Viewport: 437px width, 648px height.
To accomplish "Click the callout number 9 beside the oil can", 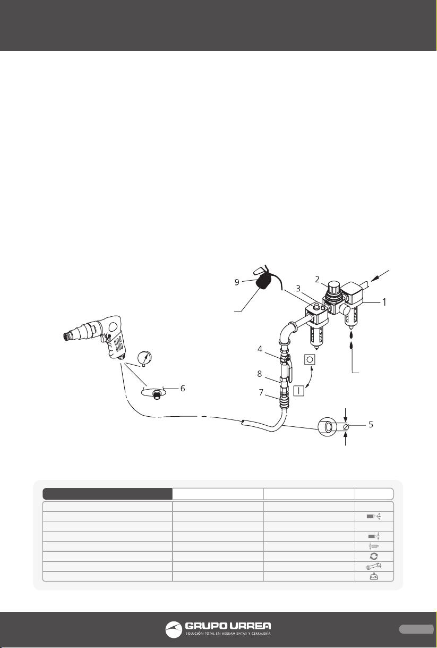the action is click(237, 282).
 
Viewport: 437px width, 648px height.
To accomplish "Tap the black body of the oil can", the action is click(263, 282).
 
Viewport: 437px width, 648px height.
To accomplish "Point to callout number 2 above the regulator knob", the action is click(318, 279).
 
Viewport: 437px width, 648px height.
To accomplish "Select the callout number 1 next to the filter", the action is click(384, 302).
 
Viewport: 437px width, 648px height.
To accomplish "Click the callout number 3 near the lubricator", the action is click(298, 289).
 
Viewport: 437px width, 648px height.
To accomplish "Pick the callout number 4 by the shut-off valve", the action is click(260, 349).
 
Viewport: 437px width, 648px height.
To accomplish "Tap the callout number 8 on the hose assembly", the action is click(259, 374).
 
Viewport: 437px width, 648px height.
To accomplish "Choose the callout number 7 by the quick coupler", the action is click(261, 393).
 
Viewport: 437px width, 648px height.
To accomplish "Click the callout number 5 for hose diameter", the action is click(371, 424).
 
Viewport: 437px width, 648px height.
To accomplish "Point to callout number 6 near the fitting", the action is click(183, 389).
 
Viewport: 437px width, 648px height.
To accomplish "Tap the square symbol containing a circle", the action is click(310, 359).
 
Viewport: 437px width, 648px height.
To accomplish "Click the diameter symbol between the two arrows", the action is click(346, 427).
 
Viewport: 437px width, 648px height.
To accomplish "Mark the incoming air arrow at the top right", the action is click(381, 275).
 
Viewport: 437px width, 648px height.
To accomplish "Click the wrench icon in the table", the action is click(374, 566).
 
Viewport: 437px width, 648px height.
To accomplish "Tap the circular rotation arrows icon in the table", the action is click(374, 556).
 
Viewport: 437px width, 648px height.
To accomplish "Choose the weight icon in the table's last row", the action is click(374, 577).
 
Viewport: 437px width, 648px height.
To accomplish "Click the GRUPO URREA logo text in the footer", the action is click(228, 626).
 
